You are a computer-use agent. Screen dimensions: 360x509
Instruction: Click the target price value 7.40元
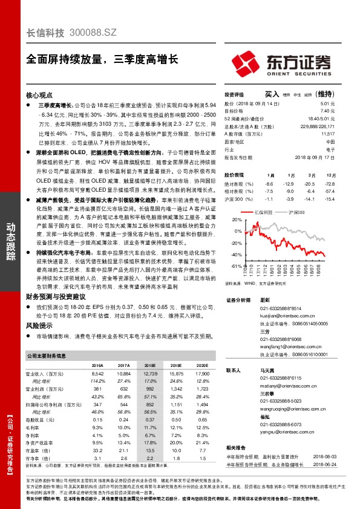pyautogui.click(x=327, y=111)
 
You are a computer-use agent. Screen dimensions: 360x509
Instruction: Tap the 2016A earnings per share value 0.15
pyautogui.click(x=97, y=420)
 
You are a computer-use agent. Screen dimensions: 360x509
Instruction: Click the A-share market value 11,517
pyautogui.click(x=328, y=134)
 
